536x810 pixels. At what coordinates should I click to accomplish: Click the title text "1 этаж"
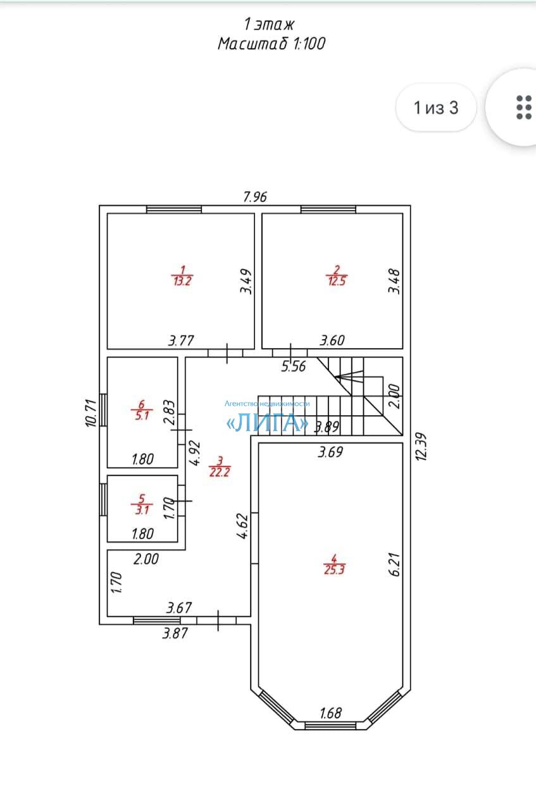point(269,24)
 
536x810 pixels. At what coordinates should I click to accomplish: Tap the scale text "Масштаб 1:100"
point(271,44)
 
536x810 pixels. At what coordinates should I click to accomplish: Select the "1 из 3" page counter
point(436,108)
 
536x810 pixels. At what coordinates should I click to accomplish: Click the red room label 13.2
point(182,281)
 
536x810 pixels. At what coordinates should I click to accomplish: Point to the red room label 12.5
point(337,281)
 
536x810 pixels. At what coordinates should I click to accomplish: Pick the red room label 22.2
point(220,472)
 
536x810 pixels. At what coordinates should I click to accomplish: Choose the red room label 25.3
point(334,570)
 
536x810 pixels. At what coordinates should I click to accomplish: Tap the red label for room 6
point(142,409)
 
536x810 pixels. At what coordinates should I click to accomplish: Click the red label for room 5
point(142,504)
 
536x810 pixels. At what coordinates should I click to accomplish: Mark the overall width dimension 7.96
point(255,197)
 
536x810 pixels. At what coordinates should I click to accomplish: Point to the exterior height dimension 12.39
point(421,447)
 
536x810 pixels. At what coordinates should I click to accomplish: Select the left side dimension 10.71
point(91,413)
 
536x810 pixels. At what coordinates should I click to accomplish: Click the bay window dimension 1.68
point(330,713)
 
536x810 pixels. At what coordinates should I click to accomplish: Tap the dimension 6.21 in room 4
point(395,564)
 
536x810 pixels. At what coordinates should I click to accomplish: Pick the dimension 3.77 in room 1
point(181,340)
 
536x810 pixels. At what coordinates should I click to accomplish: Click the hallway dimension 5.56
point(294,366)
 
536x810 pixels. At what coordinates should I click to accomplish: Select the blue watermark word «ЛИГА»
point(267,423)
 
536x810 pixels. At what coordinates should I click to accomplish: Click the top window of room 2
point(328,209)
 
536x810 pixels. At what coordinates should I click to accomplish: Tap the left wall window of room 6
point(103,409)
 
